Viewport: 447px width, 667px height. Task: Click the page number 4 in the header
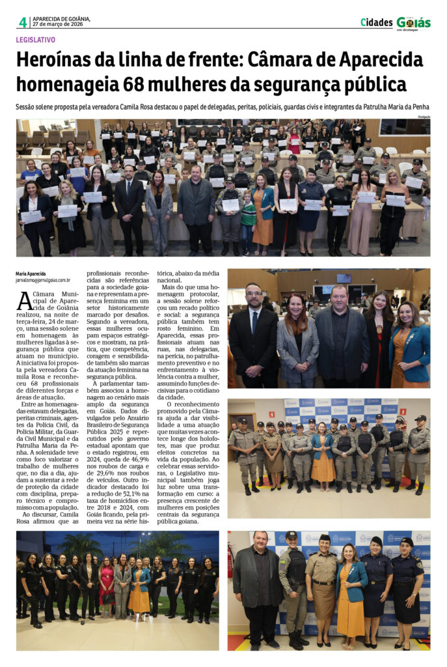23,22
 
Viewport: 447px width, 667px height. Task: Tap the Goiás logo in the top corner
413,23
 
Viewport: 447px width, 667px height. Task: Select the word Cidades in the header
376,22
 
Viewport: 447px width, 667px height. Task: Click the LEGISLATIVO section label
36,40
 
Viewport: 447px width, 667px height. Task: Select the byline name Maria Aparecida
31,274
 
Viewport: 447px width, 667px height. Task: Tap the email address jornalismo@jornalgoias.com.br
44,280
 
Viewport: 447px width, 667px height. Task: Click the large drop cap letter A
24,301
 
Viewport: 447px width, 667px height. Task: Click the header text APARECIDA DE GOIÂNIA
61,19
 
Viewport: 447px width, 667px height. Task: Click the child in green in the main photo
248,221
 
